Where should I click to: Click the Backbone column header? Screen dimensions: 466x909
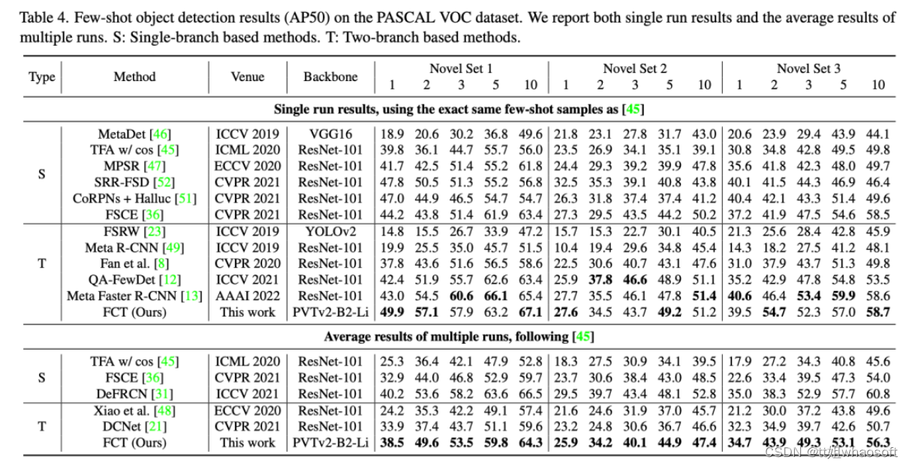(330, 77)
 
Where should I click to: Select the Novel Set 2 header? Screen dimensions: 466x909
(634, 68)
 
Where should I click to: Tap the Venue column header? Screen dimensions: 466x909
(247, 77)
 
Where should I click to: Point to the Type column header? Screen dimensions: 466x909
(41, 77)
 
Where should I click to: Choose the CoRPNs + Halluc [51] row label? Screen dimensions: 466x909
(134, 199)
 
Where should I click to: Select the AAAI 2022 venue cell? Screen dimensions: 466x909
(247, 296)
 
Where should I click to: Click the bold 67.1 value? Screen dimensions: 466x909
(531, 312)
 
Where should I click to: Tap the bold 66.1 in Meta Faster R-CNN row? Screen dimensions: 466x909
(496, 296)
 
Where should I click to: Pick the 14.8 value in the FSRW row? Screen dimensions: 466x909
(393, 231)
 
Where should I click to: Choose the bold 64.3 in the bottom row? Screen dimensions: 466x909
(531, 443)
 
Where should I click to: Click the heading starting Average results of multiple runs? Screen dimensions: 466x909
(458, 337)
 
